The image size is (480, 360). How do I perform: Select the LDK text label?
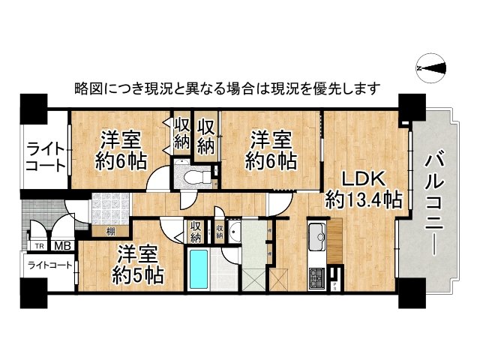point(364,180)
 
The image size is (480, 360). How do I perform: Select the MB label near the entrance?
point(61,245)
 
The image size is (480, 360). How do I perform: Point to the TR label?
point(38,245)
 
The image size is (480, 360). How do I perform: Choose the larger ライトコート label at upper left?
point(45,157)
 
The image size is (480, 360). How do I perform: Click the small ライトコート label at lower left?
point(49,265)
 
